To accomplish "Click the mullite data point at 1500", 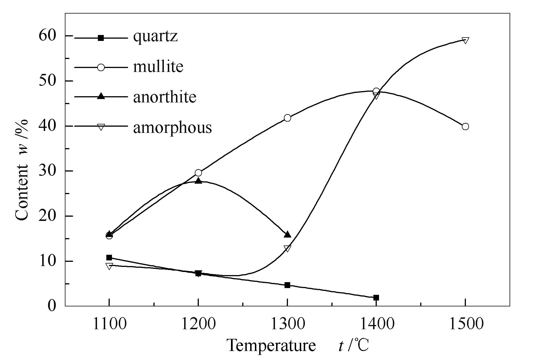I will pyautogui.click(x=465, y=126).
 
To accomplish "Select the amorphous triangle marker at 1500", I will pyautogui.click(x=465, y=40).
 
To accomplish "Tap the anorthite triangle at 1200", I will pyautogui.click(x=198, y=181).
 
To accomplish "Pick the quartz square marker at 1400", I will pyautogui.click(x=376, y=298).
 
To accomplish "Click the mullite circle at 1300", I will pyautogui.click(x=287, y=118).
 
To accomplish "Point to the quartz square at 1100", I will pyautogui.click(x=109, y=257).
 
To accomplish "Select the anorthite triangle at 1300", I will pyautogui.click(x=287, y=235).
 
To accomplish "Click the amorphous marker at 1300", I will pyautogui.click(x=287, y=248).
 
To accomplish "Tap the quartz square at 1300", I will pyautogui.click(x=287, y=285).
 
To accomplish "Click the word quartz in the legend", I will pyautogui.click(x=155, y=37).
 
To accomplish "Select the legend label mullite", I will pyautogui.click(x=158, y=67).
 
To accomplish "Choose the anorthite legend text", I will pyautogui.click(x=165, y=97).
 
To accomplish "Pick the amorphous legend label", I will pyautogui.click(x=172, y=127).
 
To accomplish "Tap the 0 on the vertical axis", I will pyautogui.click(x=52, y=306).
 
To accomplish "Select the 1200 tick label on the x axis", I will pyautogui.click(x=198, y=324).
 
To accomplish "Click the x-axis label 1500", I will pyautogui.click(x=465, y=324).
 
